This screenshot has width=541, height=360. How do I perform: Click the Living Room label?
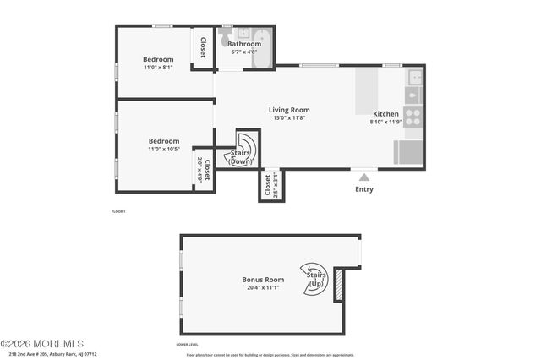pyautogui.click(x=289, y=110)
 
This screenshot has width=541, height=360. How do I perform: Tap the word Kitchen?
pyautogui.click(x=385, y=113)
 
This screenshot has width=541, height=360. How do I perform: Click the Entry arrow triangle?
pyautogui.click(x=364, y=177)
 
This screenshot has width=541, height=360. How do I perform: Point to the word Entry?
pyautogui.click(x=364, y=189)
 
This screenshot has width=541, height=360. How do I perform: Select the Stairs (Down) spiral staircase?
pyautogui.click(x=246, y=148)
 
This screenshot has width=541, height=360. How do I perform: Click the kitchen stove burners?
pyautogui.click(x=413, y=117)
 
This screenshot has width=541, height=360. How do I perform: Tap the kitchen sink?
pyautogui.click(x=414, y=79)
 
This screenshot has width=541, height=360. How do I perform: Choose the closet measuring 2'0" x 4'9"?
pyautogui.click(x=203, y=169)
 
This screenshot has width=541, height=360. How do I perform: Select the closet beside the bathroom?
pyautogui.click(x=203, y=47)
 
